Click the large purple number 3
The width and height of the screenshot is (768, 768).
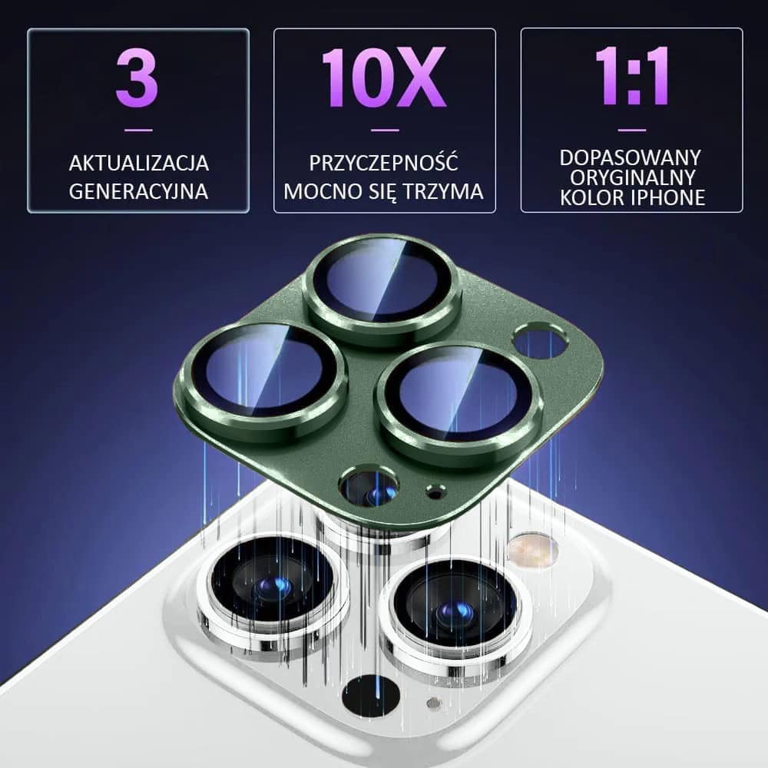pyautogui.click(x=137, y=78)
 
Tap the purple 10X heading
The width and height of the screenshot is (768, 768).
pyautogui.click(x=384, y=78)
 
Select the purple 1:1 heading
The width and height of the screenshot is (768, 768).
pyautogui.click(x=632, y=75)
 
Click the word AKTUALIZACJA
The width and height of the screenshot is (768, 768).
pyautogui.click(x=138, y=163)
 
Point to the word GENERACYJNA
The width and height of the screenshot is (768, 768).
pyautogui.click(x=138, y=191)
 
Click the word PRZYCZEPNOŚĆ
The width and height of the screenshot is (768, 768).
pyautogui.click(x=384, y=162)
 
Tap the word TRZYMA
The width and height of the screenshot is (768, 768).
pyautogui.click(x=444, y=191)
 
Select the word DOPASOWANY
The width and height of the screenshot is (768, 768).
pyautogui.click(x=631, y=157)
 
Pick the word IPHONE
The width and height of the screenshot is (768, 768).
pyautogui.click(x=669, y=197)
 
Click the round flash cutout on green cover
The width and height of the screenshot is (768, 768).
pyautogui.click(x=539, y=343)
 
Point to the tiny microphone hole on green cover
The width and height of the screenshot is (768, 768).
pyautogui.click(x=435, y=492)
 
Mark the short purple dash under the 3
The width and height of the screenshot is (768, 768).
pyautogui.click(x=138, y=131)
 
